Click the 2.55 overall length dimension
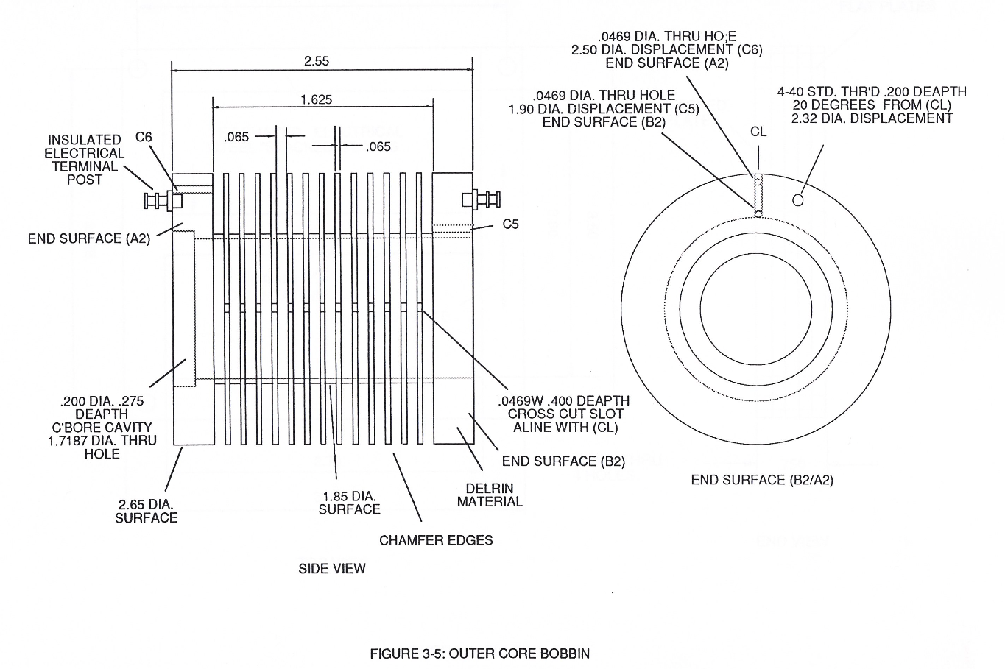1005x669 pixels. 317,61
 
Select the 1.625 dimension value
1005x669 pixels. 317,99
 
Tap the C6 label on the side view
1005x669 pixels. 144,137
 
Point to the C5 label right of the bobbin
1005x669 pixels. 510,224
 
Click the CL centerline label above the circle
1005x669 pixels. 758,132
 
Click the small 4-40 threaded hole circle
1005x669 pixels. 797,200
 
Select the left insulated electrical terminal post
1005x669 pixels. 163,200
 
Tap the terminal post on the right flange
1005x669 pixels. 481,199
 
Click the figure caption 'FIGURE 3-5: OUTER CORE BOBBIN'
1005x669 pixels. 479,654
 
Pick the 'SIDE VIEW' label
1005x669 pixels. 332,569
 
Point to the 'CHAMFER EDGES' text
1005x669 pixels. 436,540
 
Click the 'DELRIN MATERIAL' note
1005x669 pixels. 490,495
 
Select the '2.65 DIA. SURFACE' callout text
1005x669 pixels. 147,512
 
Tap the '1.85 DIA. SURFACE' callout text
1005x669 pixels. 350,503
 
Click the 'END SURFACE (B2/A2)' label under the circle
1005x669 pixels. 762,481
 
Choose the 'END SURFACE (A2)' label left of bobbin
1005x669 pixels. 89,238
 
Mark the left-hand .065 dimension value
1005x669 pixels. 236,137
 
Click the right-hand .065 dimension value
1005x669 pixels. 378,146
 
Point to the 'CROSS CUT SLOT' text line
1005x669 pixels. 565,414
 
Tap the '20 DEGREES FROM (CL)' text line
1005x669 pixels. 872,105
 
